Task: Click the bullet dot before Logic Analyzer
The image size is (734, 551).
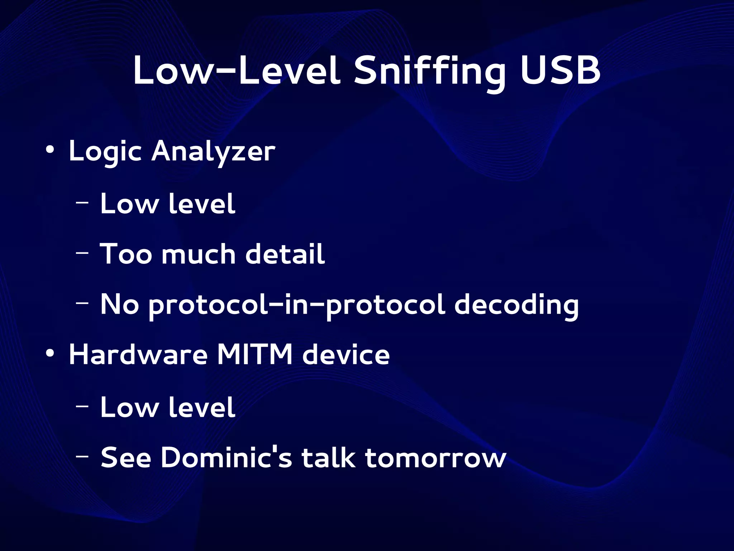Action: coord(50,149)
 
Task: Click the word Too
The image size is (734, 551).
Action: coord(126,254)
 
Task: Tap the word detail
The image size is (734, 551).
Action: coord(285,254)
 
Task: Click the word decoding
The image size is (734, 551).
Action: coord(516,305)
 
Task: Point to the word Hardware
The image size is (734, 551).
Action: coord(138,355)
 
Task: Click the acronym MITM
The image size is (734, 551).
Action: coord(255,355)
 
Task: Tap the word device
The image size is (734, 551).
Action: coord(346,355)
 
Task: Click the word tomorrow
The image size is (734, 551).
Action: coord(435,458)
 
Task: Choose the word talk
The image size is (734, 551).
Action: coord(329,458)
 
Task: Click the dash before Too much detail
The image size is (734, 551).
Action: coord(82,253)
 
